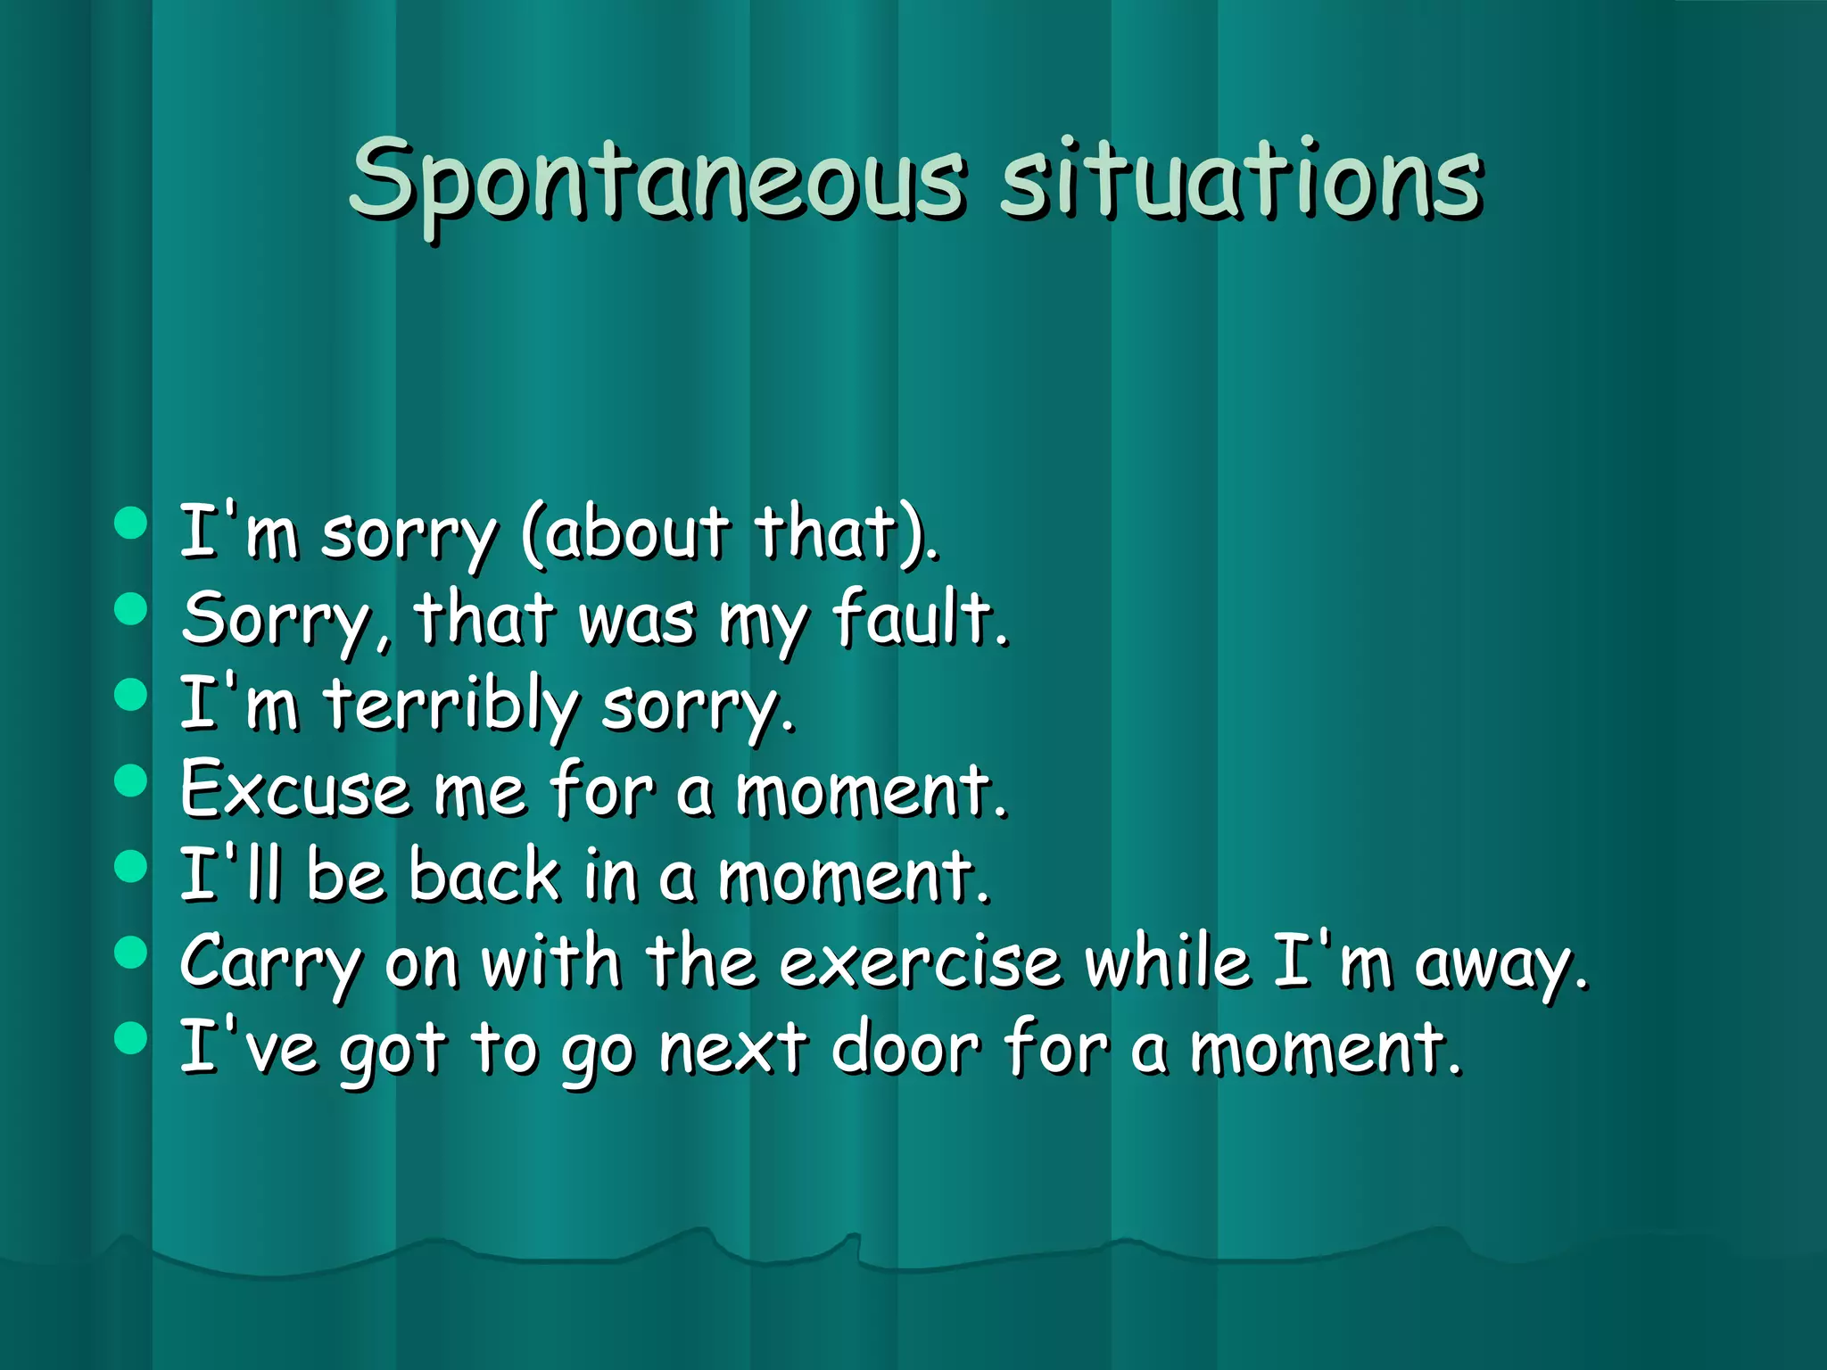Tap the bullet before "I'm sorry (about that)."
(x=131, y=524)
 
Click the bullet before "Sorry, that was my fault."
(x=131, y=609)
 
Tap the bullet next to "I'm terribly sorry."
(x=131, y=695)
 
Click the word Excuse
(x=294, y=790)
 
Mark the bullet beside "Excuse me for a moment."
(x=131, y=780)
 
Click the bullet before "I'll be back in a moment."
(x=131, y=866)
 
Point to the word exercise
(x=920, y=962)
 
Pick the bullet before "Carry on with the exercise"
(x=131, y=952)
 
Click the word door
(x=905, y=1048)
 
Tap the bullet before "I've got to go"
(x=131, y=1037)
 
